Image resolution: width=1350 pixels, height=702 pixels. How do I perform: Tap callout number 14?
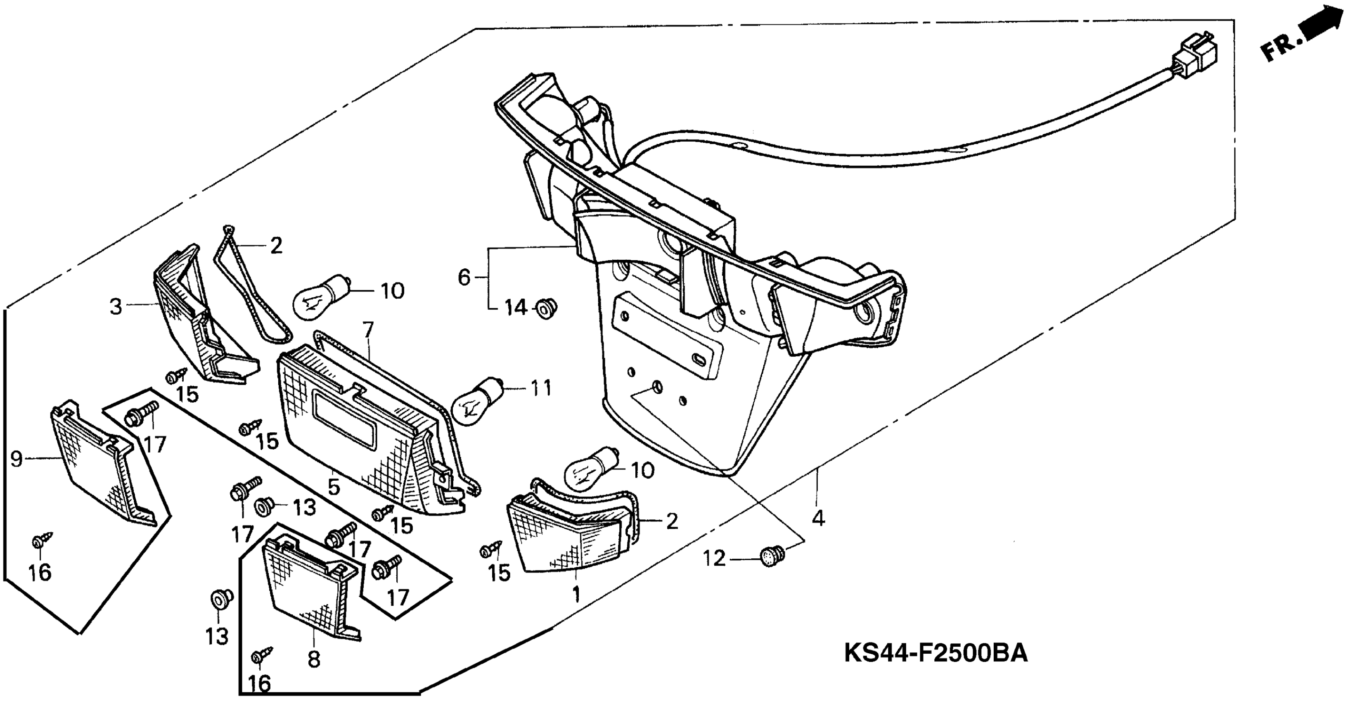[x=516, y=308]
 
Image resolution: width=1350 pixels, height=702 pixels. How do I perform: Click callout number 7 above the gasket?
[x=368, y=330]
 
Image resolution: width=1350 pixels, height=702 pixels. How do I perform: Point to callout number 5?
[x=334, y=487]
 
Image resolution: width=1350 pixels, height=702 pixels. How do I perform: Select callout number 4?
[x=818, y=519]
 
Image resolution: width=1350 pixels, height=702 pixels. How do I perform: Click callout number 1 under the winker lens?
[x=576, y=595]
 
